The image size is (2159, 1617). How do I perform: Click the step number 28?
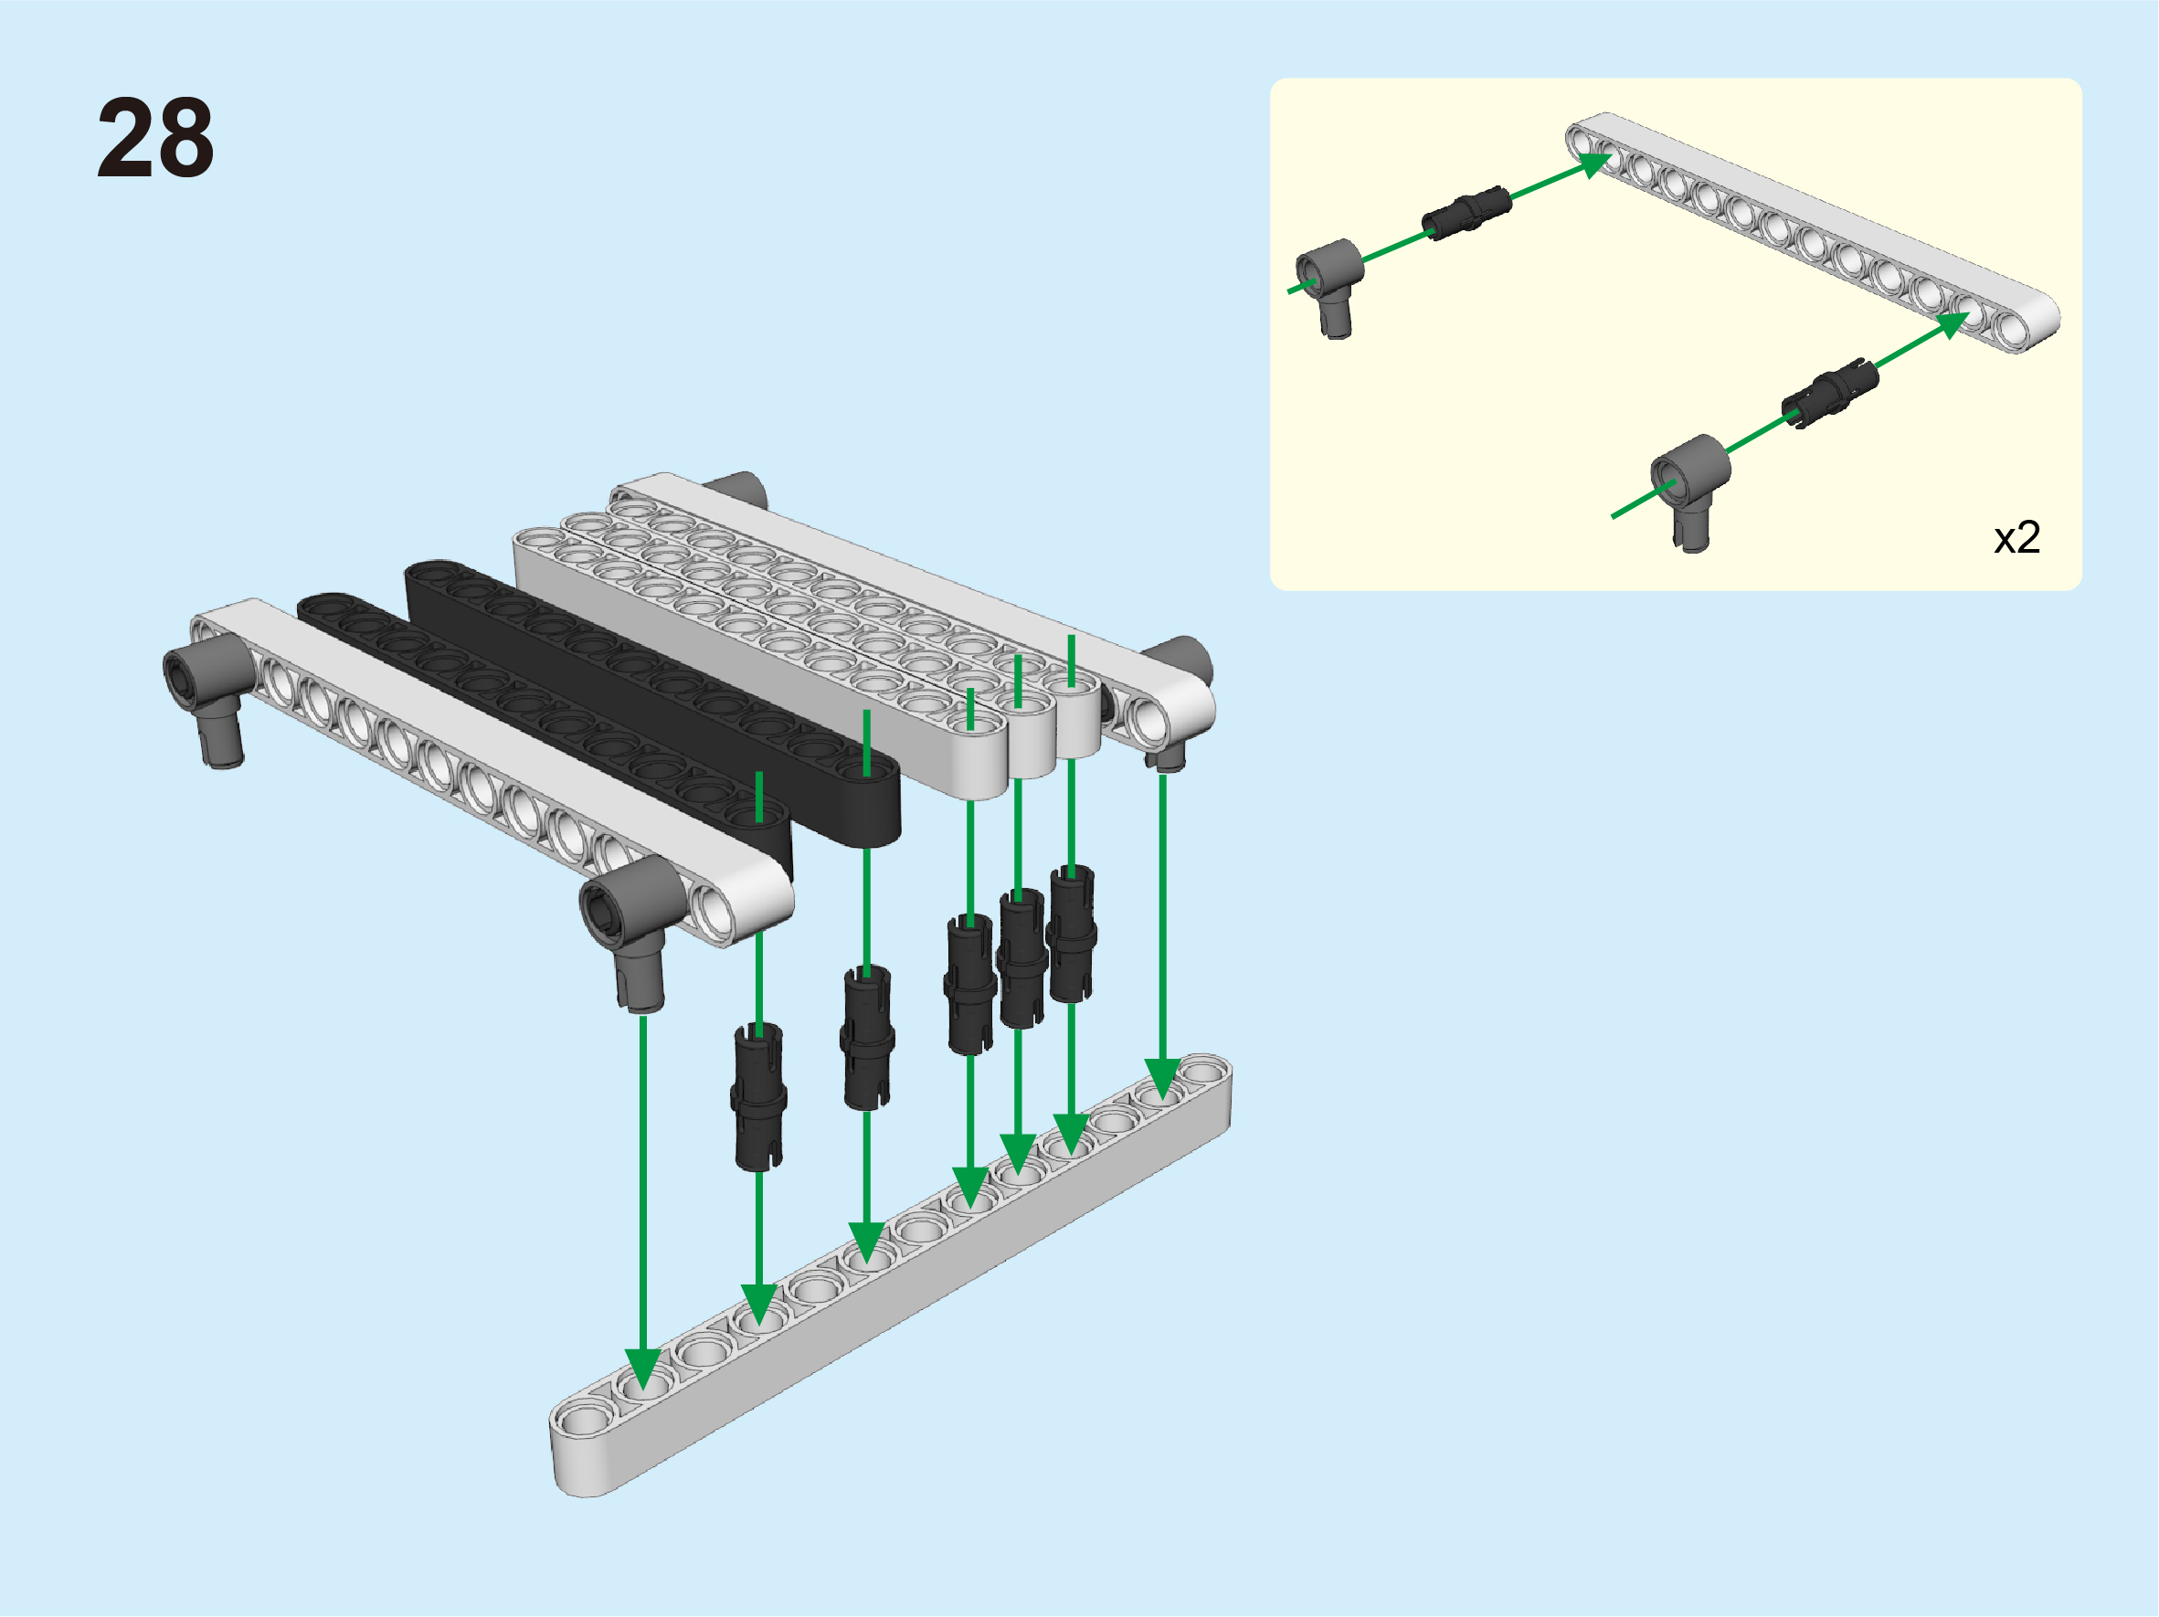[x=155, y=138]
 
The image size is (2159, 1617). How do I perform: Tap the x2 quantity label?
[x=2016, y=538]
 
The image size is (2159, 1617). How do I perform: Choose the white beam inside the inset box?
[x=1813, y=231]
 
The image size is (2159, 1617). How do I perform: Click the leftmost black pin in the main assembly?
[x=758, y=1096]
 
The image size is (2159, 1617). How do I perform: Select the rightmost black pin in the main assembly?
[x=1072, y=934]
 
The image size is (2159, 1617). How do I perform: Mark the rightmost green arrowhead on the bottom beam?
[x=1161, y=1078]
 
